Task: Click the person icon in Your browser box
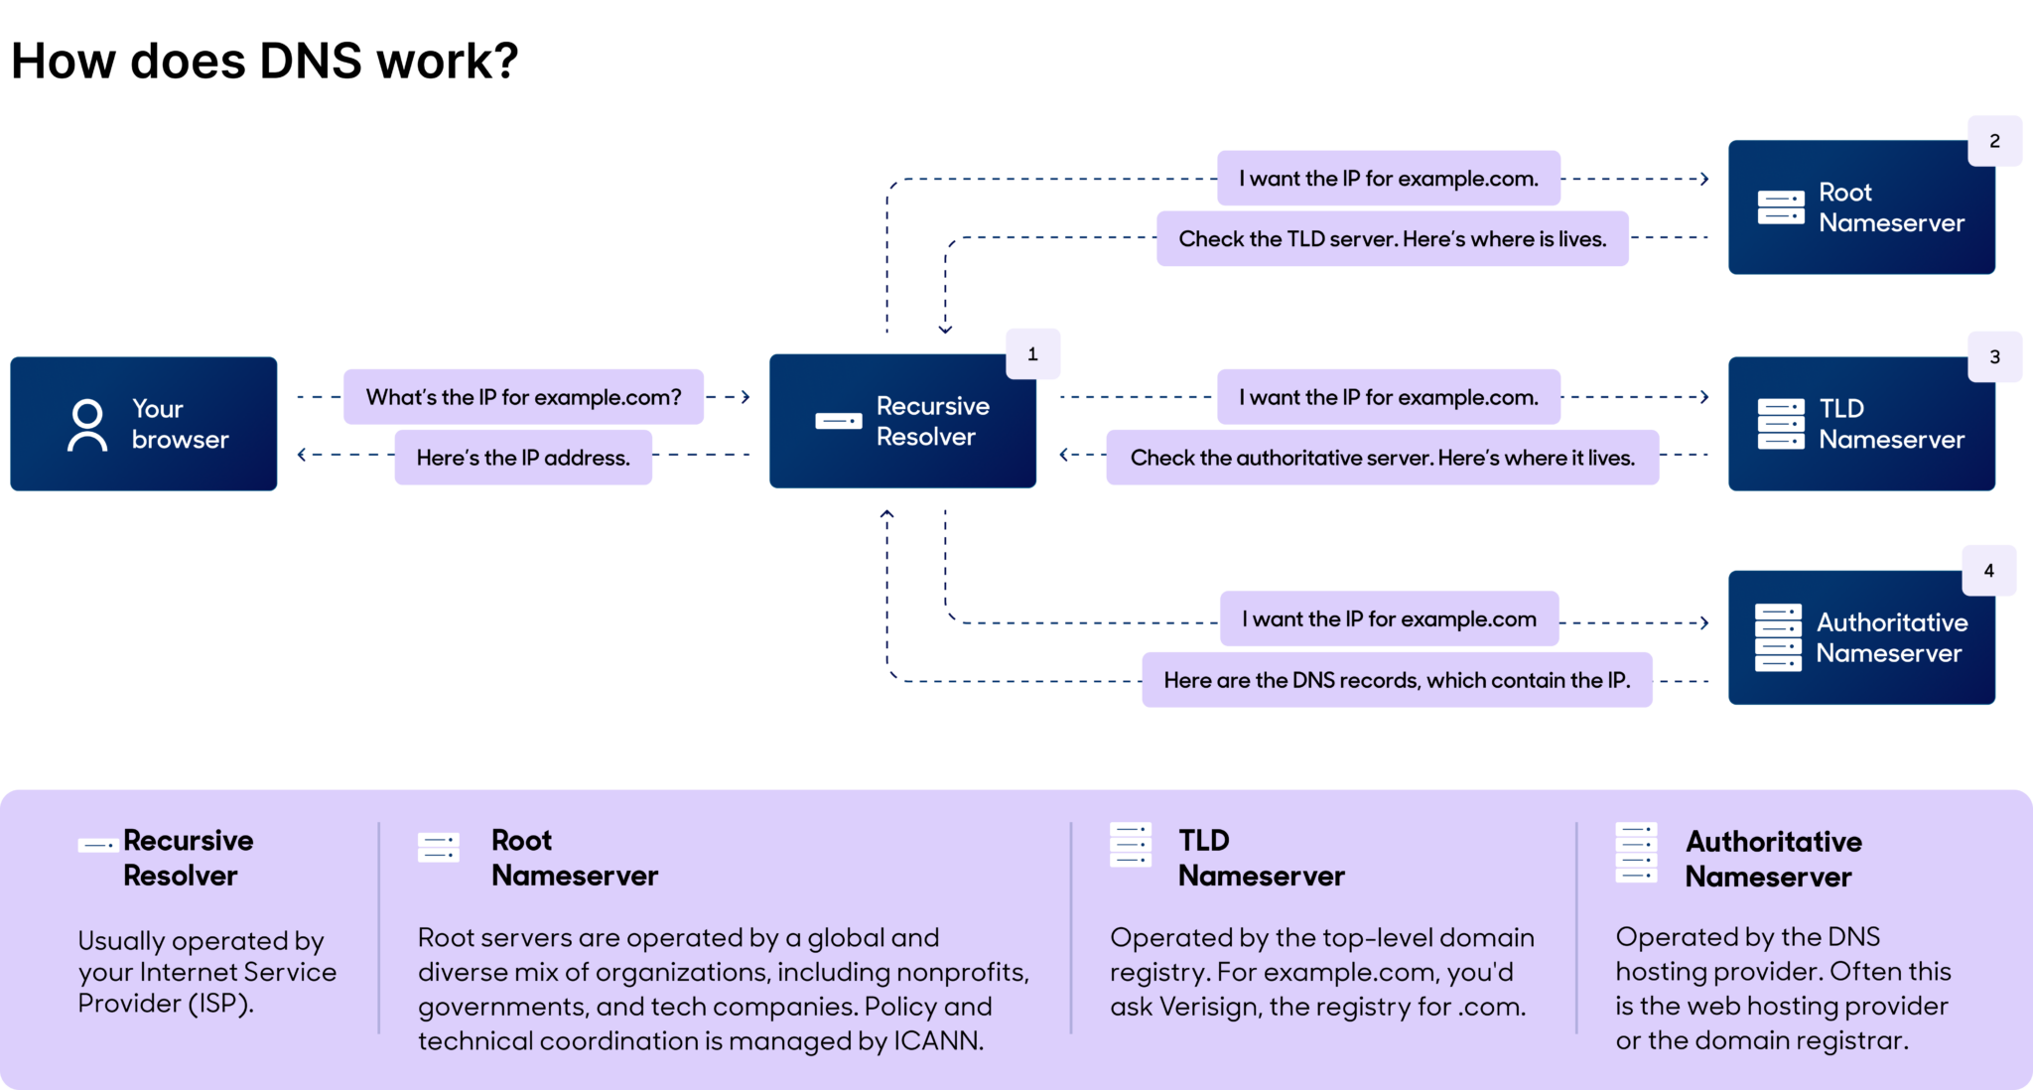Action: pos(87,425)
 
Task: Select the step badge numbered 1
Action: pos(1032,354)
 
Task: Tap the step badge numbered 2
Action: pos(1994,141)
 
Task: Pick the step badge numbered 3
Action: pos(1994,357)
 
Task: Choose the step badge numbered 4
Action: pos(1988,571)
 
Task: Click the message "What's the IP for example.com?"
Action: pos(523,397)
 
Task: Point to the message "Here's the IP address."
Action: pos(523,458)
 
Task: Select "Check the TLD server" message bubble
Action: pos(1392,239)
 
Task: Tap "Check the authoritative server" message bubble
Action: pos(1382,458)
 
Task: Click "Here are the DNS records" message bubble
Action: pos(1396,680)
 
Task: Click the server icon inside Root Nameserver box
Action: pos(1781,207)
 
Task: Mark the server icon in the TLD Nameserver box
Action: pos(1781,424)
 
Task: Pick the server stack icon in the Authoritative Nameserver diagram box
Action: pos(1778,637)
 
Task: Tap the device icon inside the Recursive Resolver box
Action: pos(839,421)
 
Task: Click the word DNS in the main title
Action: pos(311,62)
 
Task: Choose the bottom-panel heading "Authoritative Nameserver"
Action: pos(1773,859)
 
